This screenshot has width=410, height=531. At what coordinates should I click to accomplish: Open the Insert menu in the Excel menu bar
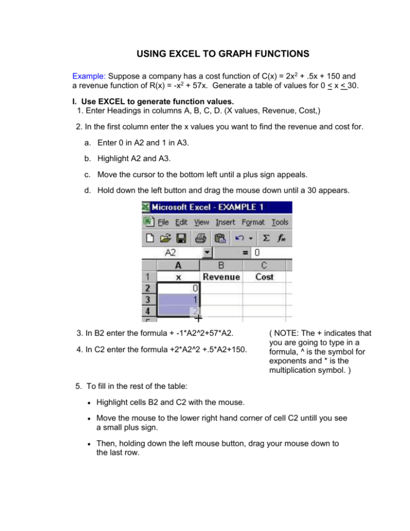coord(225,222)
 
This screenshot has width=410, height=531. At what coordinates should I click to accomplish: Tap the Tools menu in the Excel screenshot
coord(280,222)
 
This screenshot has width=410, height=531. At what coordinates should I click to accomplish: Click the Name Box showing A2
coord(172,253)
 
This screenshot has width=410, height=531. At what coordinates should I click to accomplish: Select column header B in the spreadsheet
coord(221,265)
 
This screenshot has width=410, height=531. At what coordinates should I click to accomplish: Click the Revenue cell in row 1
coord(221,277)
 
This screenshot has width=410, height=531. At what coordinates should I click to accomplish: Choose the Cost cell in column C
coord(264,277)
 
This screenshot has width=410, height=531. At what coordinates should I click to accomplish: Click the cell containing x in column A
coord(178,277)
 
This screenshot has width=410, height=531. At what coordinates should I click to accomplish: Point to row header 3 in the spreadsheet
coord(149,299)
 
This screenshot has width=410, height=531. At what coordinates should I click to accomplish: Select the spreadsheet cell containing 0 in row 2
coord(178,288)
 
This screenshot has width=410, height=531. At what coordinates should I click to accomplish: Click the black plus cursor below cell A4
coord(198,318)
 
